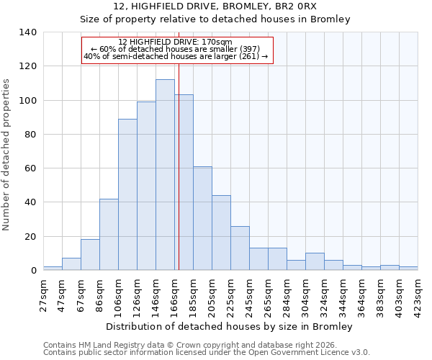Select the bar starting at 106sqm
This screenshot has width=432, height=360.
click(x=127, y=194)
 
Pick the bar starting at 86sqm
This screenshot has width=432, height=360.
click(x=109, y=235)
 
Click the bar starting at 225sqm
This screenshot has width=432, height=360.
click(x=240, y=248)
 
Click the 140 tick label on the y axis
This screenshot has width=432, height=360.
click(x=28, y=32)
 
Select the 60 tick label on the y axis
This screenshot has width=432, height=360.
click(x=31, y=168)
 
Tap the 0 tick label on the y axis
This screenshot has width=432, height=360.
click(x=34, y=271)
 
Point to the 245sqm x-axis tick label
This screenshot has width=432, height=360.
click(x=250, y=295)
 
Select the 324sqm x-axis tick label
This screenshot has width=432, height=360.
click(x=325, y=295)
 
